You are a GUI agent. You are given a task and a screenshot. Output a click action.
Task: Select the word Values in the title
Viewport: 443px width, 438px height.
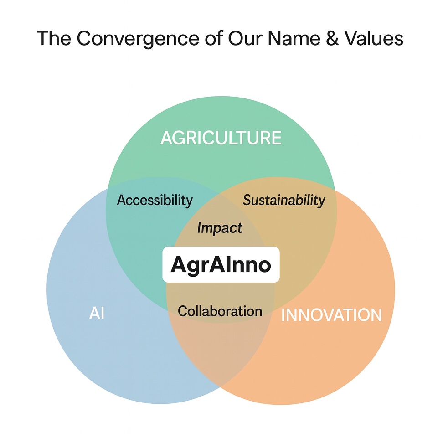tap(370, 39)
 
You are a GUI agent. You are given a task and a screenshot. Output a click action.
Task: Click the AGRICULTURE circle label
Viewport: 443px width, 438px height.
tap(221, 138)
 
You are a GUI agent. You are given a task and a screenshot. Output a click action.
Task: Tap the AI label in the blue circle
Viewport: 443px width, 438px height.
tap(97, 314)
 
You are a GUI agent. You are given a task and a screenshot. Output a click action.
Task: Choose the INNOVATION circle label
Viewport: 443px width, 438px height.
tap(331, 315)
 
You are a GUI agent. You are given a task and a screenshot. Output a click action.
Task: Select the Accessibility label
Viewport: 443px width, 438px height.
tap(155, 200)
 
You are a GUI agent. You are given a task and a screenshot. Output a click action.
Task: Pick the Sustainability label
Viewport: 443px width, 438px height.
tap(284, 200)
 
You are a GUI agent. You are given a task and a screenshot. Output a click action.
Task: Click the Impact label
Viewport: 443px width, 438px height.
tap(220, 227)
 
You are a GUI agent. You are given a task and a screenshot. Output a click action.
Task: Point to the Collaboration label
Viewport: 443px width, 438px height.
tap(220, 311)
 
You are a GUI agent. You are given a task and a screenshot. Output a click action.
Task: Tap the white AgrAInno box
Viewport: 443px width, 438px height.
tap(221, 265)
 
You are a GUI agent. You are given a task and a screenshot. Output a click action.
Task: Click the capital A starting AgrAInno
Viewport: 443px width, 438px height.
tap(178, 265)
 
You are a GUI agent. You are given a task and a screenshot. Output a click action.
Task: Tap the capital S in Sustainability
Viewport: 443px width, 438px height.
tap(247, 200)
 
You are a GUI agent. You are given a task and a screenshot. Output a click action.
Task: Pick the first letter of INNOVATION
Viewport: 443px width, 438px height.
tap(283, 315)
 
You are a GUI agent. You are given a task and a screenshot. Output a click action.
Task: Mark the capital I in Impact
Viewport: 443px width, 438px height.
tap(200, 227)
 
